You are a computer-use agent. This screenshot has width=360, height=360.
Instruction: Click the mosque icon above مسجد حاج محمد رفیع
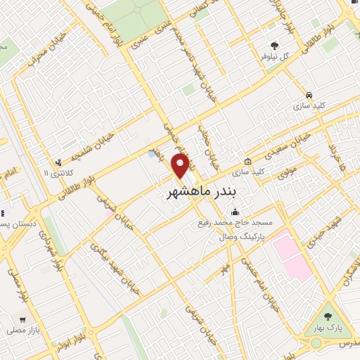coord(234,213)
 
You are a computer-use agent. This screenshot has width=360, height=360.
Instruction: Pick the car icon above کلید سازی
coord(309,94)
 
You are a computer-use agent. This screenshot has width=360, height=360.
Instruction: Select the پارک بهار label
coord(328,328)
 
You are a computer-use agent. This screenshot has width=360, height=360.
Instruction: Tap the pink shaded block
coord(291,257)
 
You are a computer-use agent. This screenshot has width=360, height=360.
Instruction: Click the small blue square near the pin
coord(153,153)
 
